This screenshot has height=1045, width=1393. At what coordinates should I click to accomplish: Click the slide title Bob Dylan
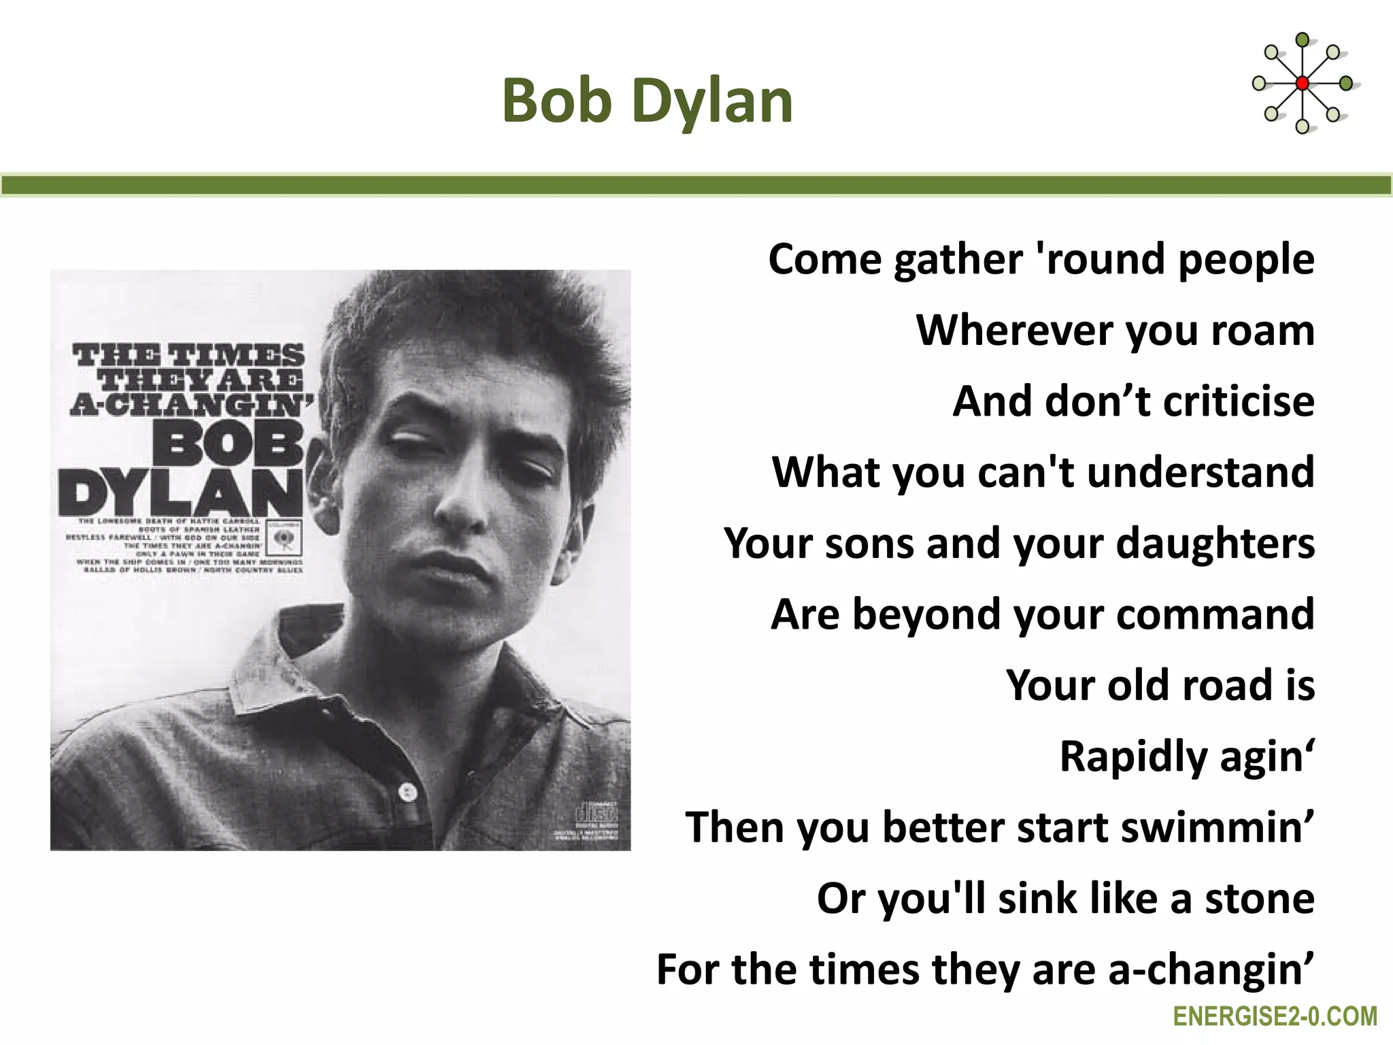pos(648,101)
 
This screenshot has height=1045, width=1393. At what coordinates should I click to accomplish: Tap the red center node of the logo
pos(1302,84)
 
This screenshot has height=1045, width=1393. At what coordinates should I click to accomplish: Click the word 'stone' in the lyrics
pos(1260,898)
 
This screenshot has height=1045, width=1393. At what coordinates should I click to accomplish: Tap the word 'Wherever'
pos(1014,330)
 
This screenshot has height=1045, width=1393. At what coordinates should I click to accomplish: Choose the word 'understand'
pos(1201,471)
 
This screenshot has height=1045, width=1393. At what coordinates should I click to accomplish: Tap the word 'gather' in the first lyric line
pos(958,260)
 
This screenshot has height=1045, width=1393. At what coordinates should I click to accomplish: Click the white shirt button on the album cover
pos(407,791)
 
